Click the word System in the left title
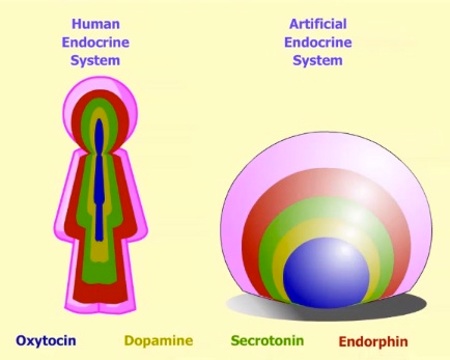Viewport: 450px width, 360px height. [98, 60]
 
